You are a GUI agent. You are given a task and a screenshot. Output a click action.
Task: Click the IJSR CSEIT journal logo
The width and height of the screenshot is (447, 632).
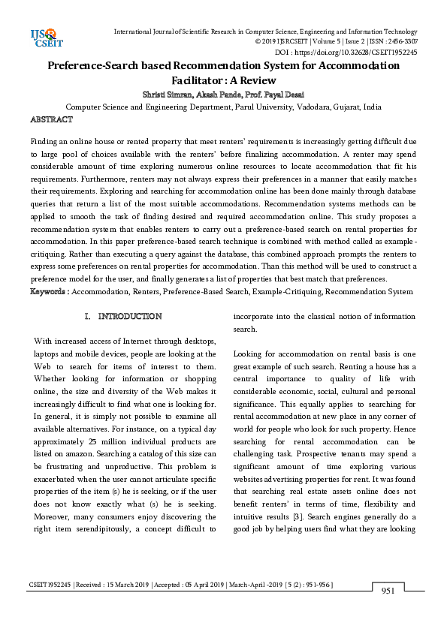click(x=43, y=38)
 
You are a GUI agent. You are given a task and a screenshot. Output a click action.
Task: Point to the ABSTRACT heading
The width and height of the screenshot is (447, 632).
click(x=51, y=120)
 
